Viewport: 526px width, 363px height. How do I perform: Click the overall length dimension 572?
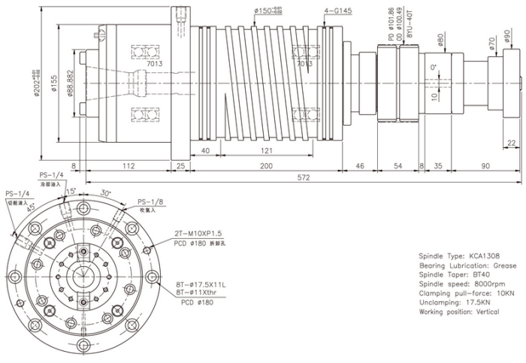[x=304, y=177]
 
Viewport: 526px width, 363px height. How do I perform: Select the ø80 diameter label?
[x=440, y=38]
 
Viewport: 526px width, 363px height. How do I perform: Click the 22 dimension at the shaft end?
[x=512, y=143]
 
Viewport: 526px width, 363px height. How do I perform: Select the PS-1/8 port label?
[x=152, y=201]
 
